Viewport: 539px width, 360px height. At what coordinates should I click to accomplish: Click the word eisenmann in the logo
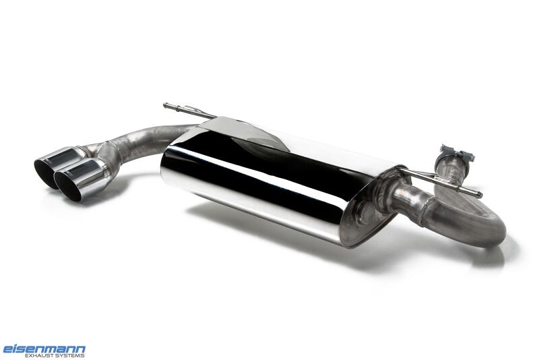click(x=44, y=349)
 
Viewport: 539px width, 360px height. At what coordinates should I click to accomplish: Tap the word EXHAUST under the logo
click(x=38, y=355)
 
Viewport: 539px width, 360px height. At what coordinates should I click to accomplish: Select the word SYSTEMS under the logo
click(x=69, y=355)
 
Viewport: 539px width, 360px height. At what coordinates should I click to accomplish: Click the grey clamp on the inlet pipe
click(x=457, y=156)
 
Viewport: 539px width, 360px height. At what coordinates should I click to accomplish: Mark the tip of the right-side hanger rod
click(x=480, y=195)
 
